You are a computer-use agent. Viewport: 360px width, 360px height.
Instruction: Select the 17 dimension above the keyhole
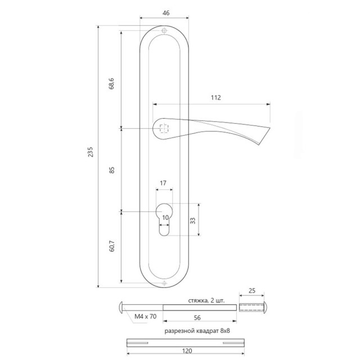click(x=163, y=183)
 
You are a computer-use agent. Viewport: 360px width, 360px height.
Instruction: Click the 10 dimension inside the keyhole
click(x=165, y=217)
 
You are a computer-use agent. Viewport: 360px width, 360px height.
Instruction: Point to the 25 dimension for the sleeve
click(x=251, y=291)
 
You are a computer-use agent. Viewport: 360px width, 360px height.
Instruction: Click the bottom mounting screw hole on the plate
click(x=164, y=283)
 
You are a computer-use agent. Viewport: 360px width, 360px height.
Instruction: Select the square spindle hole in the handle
click(x=164, y=128)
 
